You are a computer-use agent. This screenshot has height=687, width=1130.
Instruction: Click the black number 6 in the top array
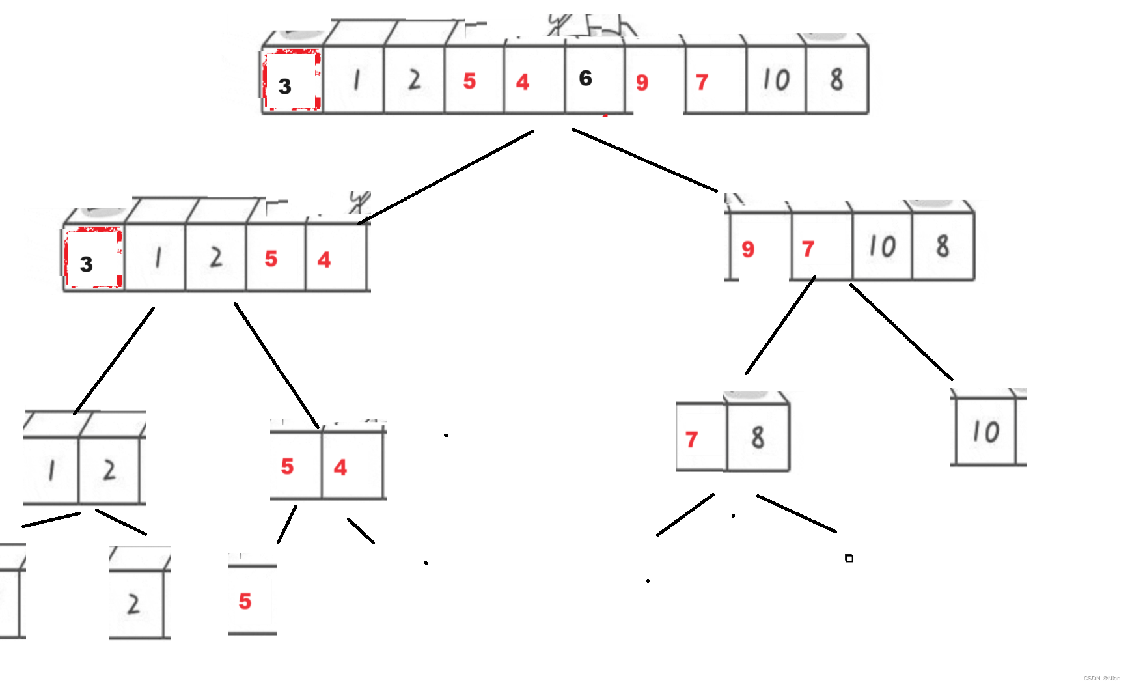pos(586,78)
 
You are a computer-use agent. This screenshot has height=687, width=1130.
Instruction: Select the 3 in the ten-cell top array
pos(284,86)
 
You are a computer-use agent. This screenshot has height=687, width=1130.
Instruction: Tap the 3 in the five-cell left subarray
pos(87,264)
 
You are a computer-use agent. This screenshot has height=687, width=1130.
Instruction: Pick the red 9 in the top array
pos(642,82)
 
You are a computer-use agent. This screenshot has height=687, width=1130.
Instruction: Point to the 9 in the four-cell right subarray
pos(748,249)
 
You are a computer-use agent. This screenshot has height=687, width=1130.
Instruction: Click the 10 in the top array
pos(776,80)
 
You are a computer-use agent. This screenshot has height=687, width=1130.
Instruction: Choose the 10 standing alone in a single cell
pos(985,432)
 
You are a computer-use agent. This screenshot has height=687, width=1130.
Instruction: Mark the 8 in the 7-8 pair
pos(758,438)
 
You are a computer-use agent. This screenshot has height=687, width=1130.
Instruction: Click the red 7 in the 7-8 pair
pos(691,440)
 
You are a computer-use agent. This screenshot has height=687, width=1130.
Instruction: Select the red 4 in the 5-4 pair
pos(340,467)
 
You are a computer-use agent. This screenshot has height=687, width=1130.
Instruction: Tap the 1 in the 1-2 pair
pos(51,470)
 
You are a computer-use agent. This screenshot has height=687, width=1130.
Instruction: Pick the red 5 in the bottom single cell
pos(245,601)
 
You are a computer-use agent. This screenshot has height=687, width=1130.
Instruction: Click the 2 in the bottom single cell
pos(133,604)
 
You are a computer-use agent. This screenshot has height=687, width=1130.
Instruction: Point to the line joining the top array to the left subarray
pos(447,177)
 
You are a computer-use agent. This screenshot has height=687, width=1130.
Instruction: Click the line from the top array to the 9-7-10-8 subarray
pos(644,160)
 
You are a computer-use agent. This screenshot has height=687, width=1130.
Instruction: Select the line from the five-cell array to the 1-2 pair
pos(115,360)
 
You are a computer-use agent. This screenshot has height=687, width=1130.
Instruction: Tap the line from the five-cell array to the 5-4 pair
pos(277,365)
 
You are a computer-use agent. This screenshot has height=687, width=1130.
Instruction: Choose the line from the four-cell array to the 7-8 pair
pos(780,325)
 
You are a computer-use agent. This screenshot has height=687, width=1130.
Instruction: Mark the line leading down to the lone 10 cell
pos(902,332)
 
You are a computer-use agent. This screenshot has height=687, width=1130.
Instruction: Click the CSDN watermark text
pos(1101,679)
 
